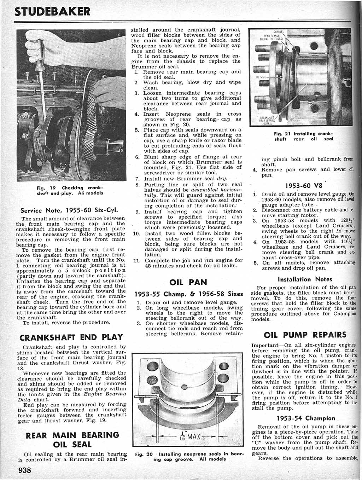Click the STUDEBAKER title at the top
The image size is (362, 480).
52,12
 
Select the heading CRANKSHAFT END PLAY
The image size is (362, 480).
71,337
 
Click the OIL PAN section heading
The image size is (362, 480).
188,282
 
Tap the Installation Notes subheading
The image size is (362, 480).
305,279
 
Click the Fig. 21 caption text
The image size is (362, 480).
304,137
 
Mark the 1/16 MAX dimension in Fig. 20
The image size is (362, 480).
188,436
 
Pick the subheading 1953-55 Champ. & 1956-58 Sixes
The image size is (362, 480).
189,294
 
